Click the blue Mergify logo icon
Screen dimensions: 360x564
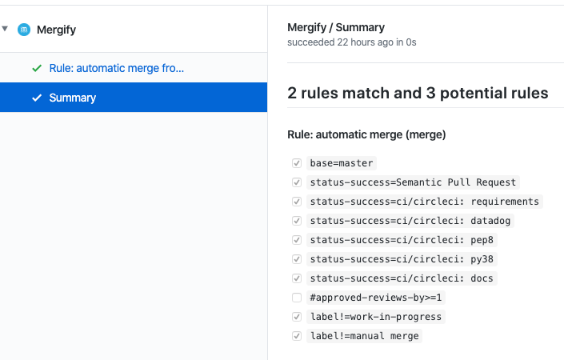pos(24,30)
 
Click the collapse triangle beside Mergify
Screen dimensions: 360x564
pos(6,29)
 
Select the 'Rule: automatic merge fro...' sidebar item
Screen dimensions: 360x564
pos(116,69)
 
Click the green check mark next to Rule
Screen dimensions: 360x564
pos(36,69)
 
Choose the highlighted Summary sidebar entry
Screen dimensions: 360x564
pos(72,98)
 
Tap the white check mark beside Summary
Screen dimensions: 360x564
pos(36,98)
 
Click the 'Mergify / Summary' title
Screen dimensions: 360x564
pos(336,27)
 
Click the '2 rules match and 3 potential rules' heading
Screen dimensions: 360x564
pos(418,94)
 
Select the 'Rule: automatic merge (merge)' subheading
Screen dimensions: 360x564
pos(366,134)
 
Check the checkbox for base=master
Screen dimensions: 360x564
pos(297,163)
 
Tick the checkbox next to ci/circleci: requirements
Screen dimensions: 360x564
pos(297,202)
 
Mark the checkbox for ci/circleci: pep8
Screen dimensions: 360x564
pos(297,240)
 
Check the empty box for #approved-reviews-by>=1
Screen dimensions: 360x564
pos(297,298)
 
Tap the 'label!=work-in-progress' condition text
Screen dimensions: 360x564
pos(375,317)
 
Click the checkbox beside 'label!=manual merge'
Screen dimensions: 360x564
pos(297,336)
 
